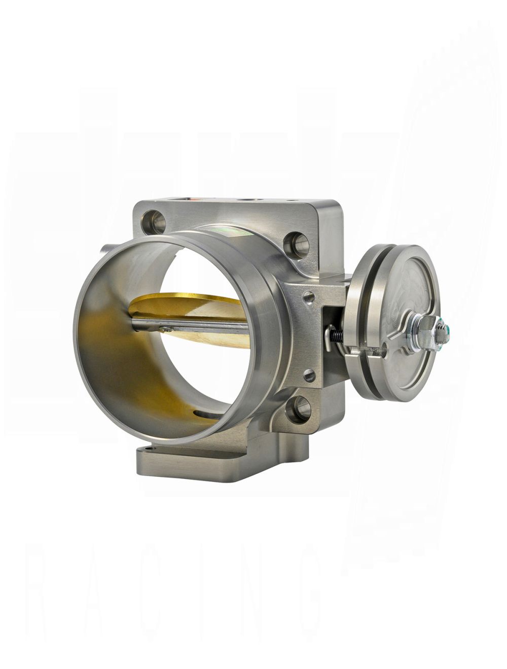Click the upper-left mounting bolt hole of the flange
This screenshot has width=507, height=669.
click(152, 221)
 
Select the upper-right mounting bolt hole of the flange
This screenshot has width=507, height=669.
click(296, 242)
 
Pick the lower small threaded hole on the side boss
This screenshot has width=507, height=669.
click(308, 376)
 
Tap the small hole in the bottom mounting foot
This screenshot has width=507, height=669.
click(147, 450)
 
